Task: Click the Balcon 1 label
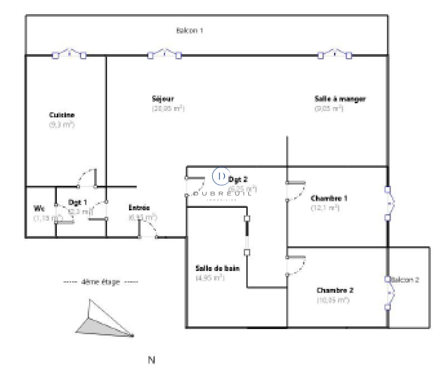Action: pos(189,30)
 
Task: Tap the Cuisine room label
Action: pos(62,115)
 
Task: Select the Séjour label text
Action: pos(163,99)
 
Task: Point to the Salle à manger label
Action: pos(340,99)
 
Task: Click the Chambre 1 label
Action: pos(329,198)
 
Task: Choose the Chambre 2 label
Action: pos(335,291)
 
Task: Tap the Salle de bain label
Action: pos(217,268)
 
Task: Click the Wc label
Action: pos(39,208)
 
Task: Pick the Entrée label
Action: pos(139,208)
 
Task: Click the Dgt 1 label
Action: pos(77,202)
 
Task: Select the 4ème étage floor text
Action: pos(101,282)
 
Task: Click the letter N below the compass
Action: pos(152,360)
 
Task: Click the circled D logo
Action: pos(221,176)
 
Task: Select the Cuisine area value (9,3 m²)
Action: pos(62,124)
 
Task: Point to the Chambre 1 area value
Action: pos(325,208)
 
